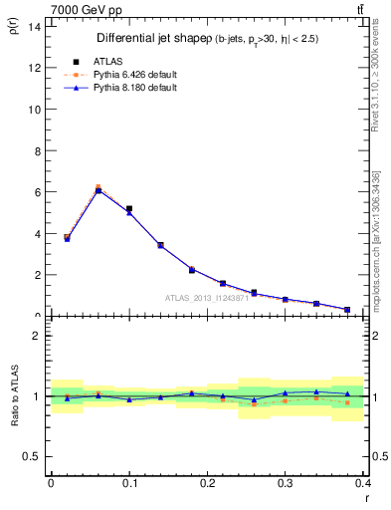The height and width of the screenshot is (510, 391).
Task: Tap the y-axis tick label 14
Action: coord(35,26)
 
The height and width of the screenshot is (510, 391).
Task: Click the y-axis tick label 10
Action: coord(35,109)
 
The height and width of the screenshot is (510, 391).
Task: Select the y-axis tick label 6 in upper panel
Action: coord(37,191)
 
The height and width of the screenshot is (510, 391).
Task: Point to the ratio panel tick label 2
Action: coord(37,336)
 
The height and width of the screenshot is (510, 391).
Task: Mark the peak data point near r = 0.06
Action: coord(98,188)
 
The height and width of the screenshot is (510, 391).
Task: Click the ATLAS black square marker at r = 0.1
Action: coord(129,209)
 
